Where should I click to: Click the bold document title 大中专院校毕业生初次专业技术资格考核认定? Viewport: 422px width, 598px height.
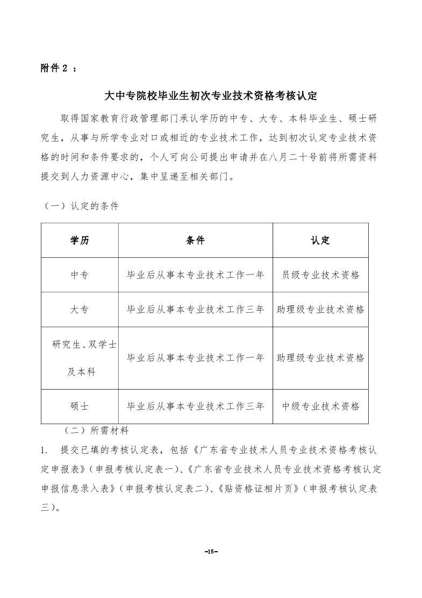211,96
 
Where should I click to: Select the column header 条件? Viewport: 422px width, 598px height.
195,241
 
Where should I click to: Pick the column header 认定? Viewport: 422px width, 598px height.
320,241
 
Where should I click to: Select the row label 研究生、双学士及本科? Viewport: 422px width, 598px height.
81,358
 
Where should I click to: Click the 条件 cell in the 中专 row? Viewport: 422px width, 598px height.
195,275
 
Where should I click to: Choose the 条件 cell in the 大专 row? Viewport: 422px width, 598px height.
195,309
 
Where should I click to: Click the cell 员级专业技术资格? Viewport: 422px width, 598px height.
320,275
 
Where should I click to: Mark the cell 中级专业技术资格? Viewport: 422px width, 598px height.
320,406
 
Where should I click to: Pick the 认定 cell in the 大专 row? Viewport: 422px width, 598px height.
320,309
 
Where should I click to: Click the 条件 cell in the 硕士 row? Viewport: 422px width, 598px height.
195,406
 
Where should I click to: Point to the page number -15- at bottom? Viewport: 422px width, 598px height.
210,551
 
